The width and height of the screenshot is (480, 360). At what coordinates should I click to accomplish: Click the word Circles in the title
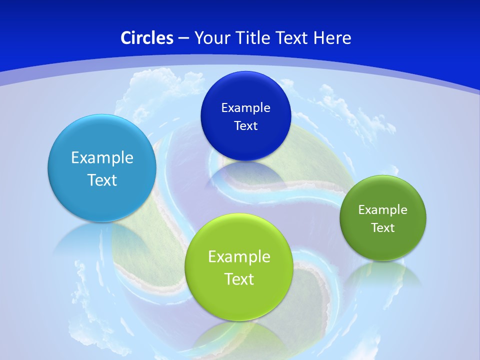point(146,38)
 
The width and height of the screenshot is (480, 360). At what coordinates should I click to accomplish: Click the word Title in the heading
point(253,38)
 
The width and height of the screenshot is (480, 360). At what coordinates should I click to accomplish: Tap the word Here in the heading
point(332,38)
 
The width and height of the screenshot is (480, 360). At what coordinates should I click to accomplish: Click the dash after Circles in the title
point(183,38)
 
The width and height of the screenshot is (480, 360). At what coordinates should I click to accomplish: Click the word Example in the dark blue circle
point(246,107)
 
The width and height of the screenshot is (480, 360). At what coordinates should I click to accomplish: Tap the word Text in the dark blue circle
point(246,125)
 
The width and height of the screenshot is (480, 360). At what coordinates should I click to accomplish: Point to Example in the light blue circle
point(102,157)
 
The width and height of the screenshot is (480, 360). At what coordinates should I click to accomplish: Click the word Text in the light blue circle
point(102,180)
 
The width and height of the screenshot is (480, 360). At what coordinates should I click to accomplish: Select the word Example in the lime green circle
point(239,256)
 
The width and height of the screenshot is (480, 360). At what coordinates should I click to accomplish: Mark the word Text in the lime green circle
point(239,279)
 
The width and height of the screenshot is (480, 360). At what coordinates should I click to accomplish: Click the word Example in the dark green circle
point(383,209)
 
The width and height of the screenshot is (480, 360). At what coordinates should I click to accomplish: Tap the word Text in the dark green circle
point(383,227)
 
